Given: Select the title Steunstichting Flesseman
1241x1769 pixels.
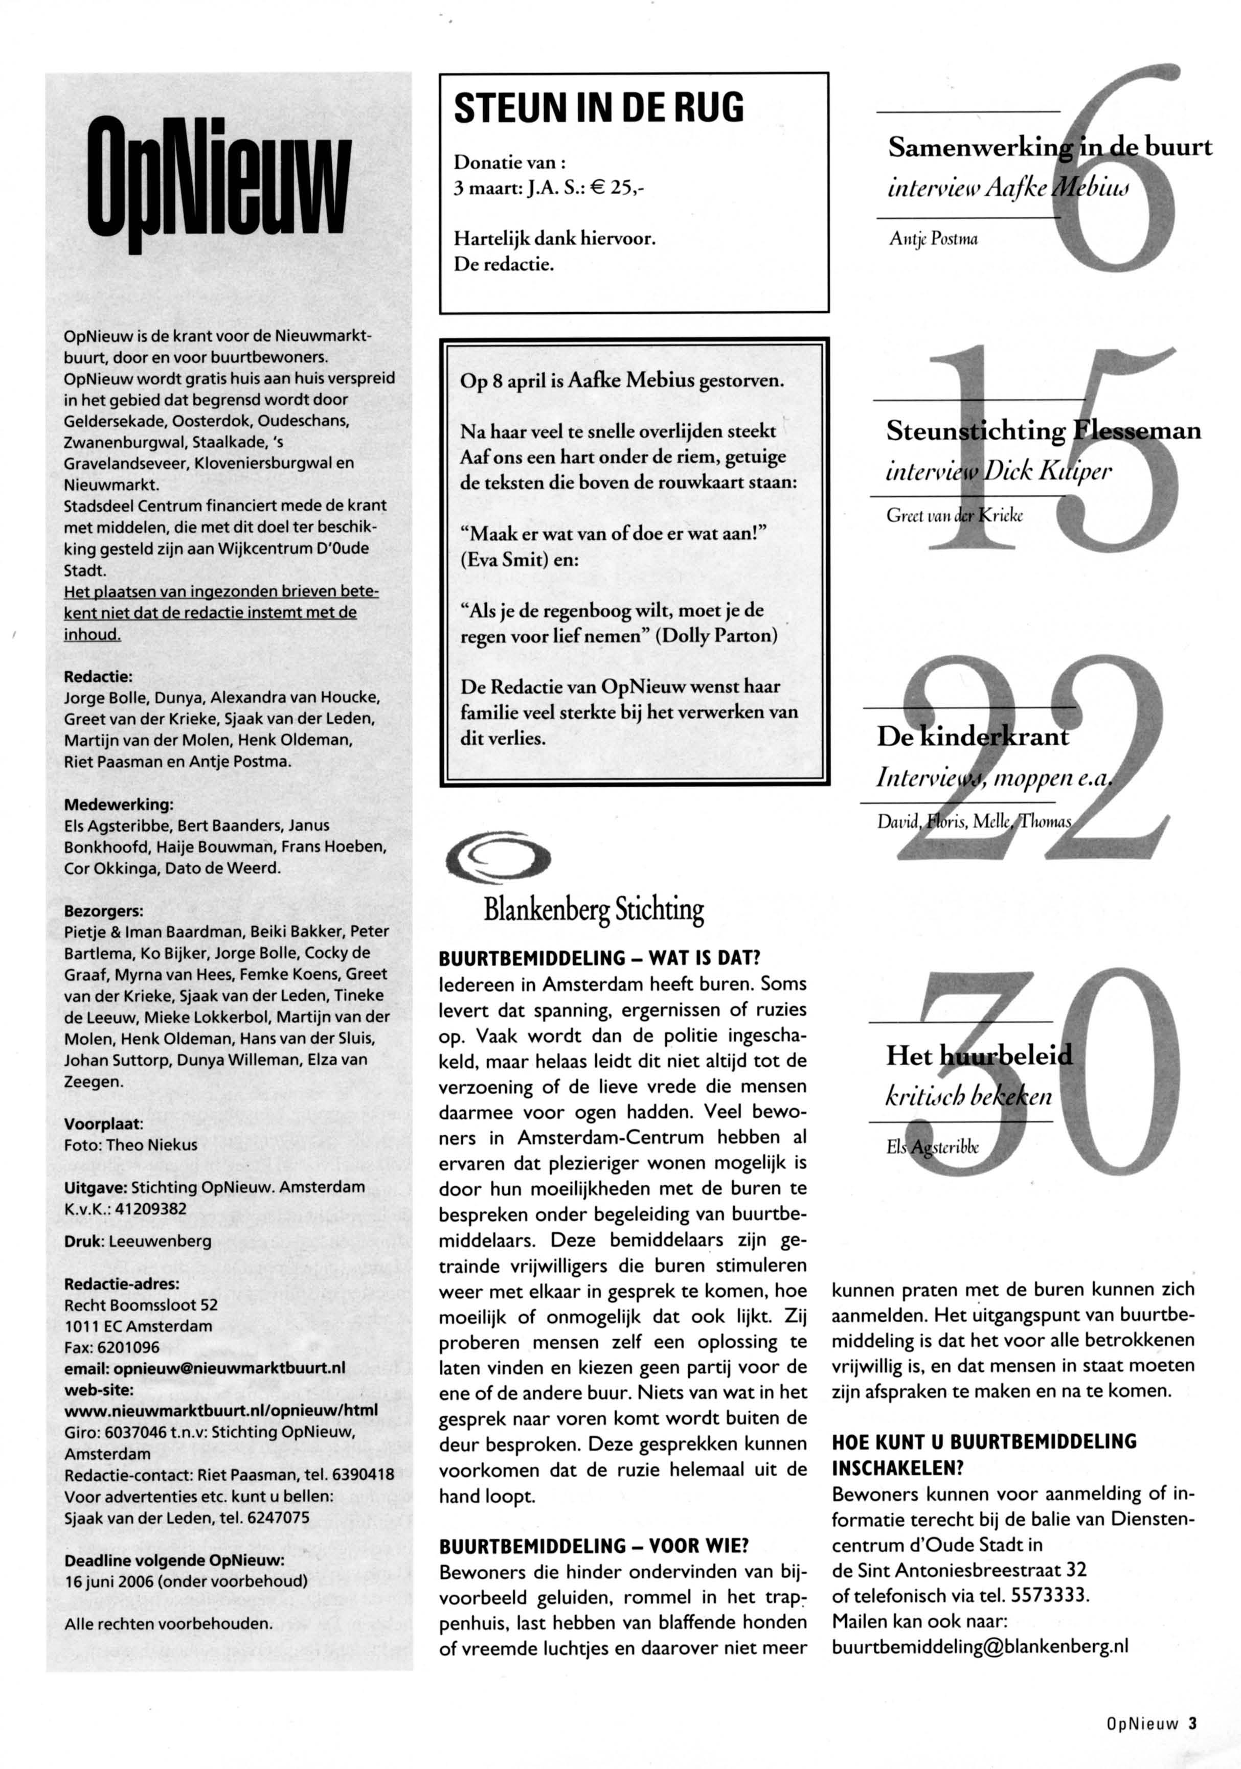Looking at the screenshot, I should coord(1043,430).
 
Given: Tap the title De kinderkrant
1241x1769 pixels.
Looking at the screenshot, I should coord(972,736).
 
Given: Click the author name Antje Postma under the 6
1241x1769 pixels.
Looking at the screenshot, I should coord(933,239).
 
